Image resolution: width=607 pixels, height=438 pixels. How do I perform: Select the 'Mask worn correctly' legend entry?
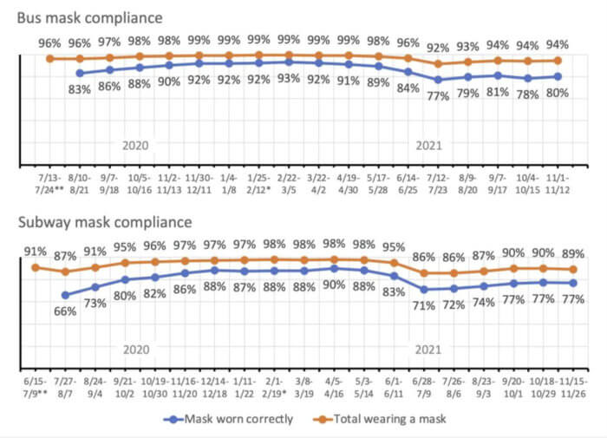coord(230,419)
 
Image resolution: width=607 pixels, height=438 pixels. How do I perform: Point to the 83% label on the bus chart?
coord(79,88)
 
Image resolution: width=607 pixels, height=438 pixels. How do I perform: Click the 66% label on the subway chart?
coord(65,311)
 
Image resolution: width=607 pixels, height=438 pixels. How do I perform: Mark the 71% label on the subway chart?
coord(423,306)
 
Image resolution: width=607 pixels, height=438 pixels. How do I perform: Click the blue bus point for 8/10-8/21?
coord(80,74)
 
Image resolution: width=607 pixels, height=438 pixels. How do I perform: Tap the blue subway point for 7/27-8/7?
coord(65,295)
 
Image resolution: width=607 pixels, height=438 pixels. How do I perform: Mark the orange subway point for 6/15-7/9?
coord(35,267)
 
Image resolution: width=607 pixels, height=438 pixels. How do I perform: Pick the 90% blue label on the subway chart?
coord(334,285)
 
